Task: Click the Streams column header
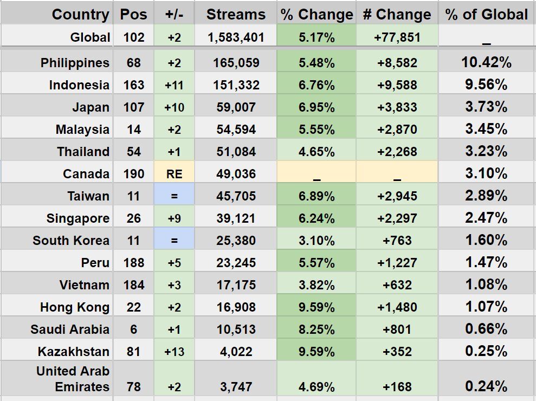pos(236,15)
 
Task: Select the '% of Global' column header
pos(486,15)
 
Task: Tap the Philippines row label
pos(75,63)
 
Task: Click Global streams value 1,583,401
pos(236,37)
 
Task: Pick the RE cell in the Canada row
pos(174,174)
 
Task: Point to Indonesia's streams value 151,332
pos(236,85)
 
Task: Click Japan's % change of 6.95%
pos(317,107)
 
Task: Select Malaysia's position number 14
pos(133,130)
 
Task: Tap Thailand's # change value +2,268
pos(397,152)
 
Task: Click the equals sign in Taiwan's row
pos(174,196)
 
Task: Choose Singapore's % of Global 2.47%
pos(486,218)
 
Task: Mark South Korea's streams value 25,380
pos(236,241)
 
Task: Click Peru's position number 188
pos(133,263)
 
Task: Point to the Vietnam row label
pos(85,285)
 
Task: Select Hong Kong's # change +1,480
pos(397,307)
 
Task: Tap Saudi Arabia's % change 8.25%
pos(317,329)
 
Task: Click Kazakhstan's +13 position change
pos(174,352)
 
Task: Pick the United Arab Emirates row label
pos(73,379)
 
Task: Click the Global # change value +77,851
pos(397,37)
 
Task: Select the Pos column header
pos(133,15)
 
